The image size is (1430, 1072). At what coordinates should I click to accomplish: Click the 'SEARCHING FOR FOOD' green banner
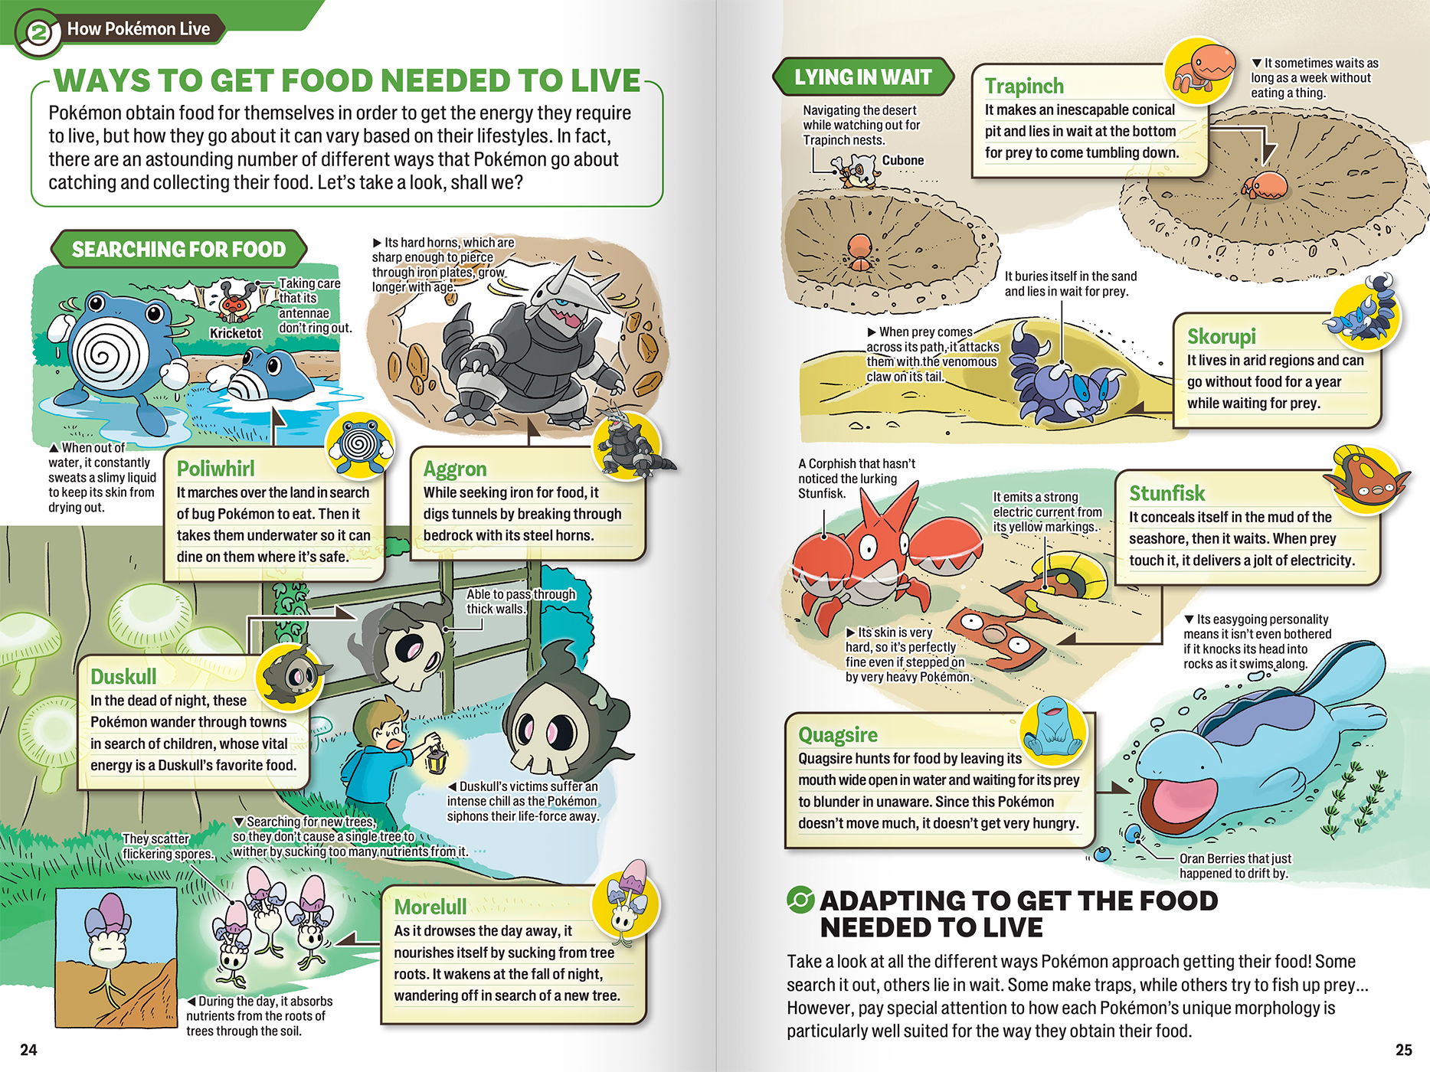[178, 249]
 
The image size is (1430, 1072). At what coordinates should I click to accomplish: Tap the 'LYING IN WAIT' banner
[863, 77]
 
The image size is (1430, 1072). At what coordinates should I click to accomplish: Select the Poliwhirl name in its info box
[215, 469]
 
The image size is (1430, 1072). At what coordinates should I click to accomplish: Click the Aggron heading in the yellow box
[455, 469]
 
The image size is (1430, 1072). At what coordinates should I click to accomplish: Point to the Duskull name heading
[123, 676]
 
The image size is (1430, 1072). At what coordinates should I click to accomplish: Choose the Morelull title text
[430, 907]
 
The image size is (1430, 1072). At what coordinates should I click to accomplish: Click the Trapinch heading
[1024, 86]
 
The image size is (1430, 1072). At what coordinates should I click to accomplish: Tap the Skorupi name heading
[1222, 336]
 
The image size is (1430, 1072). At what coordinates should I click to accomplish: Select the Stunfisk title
[1167, 493]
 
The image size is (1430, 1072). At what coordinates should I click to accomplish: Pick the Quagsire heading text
[838, 735]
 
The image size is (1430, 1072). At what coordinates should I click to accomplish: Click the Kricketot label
[236, 333]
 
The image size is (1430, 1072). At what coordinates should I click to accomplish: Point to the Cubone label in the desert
[903, 160]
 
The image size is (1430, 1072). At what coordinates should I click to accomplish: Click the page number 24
[28, 1050]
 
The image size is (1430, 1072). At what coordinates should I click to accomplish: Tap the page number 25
[1403, 1050]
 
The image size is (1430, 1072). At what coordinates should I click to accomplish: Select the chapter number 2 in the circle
[38, 33]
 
